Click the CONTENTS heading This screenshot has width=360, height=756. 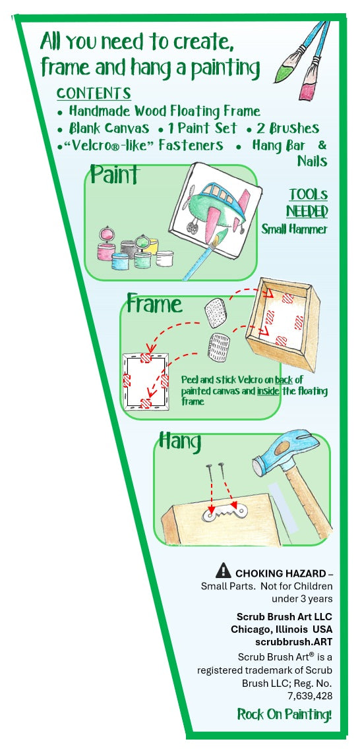[94, 93]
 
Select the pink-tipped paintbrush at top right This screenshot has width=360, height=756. [315, 61]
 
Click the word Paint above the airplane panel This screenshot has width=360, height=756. [115, 175]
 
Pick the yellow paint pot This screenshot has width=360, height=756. [152, 245]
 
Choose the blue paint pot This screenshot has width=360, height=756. [120, 261]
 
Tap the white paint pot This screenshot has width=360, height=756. [165, 258]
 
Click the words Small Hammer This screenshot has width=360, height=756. [294, 229]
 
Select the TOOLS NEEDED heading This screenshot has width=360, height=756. [307, 203]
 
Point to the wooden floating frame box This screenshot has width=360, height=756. [282, 322]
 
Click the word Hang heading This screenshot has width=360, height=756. [180, 442]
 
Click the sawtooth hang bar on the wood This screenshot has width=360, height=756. [224, 511]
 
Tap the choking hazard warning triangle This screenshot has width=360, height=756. [224, 570]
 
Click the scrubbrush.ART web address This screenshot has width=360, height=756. [294, 642]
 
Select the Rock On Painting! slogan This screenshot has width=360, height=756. [285, 714]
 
